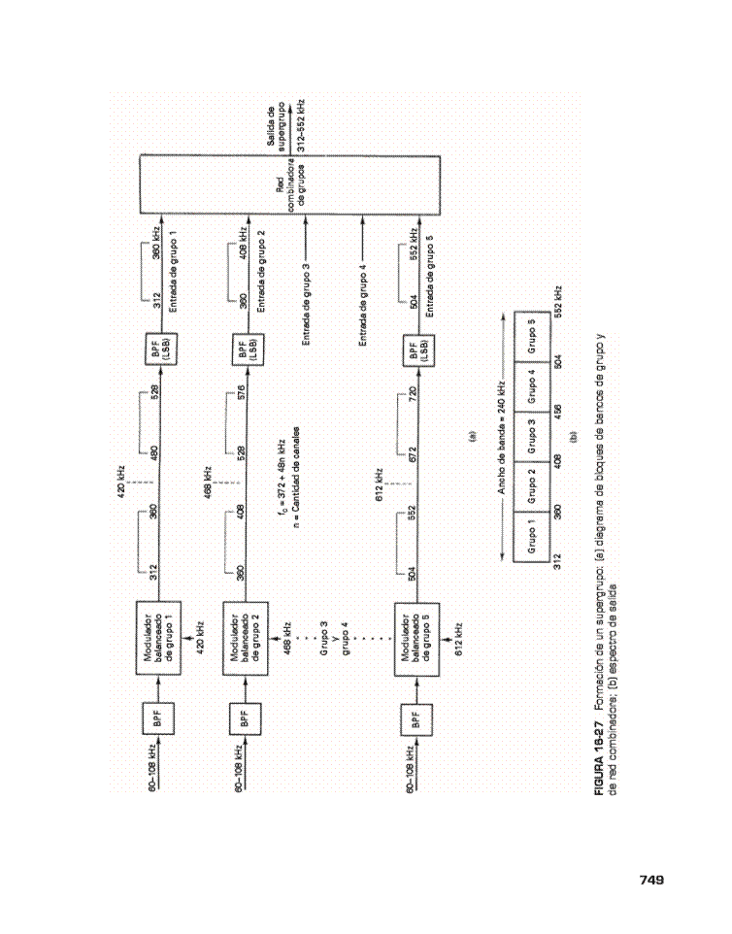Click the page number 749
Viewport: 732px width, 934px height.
[x=651, y=880]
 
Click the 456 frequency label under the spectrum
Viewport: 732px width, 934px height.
[x=557, y=412]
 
